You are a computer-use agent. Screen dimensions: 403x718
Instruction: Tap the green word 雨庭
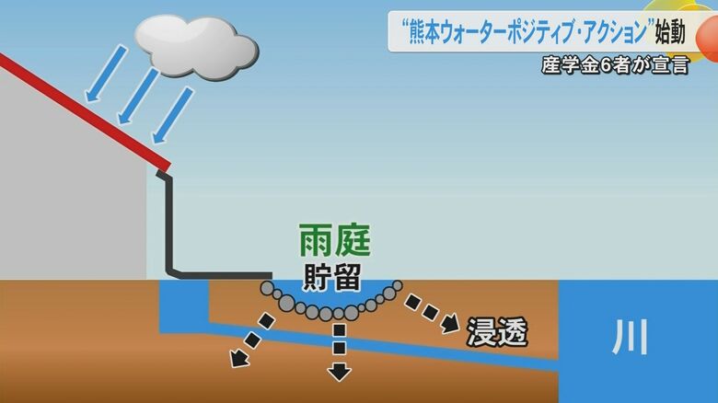[334, 242]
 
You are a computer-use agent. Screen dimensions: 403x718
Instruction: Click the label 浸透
[497, 331]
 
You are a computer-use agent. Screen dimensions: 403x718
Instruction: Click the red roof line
[83, 110]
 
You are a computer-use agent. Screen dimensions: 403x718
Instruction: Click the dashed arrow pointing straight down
[340, 351]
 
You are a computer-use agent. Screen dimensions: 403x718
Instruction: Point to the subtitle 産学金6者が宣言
[614, 66]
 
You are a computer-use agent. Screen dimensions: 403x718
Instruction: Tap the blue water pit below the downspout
[184, 308]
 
